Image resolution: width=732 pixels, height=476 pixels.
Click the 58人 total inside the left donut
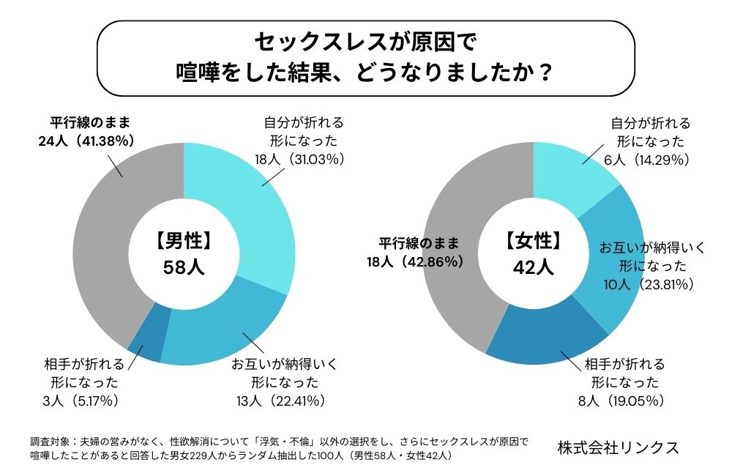[184, 267]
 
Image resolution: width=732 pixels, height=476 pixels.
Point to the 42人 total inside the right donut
[534, 267]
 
